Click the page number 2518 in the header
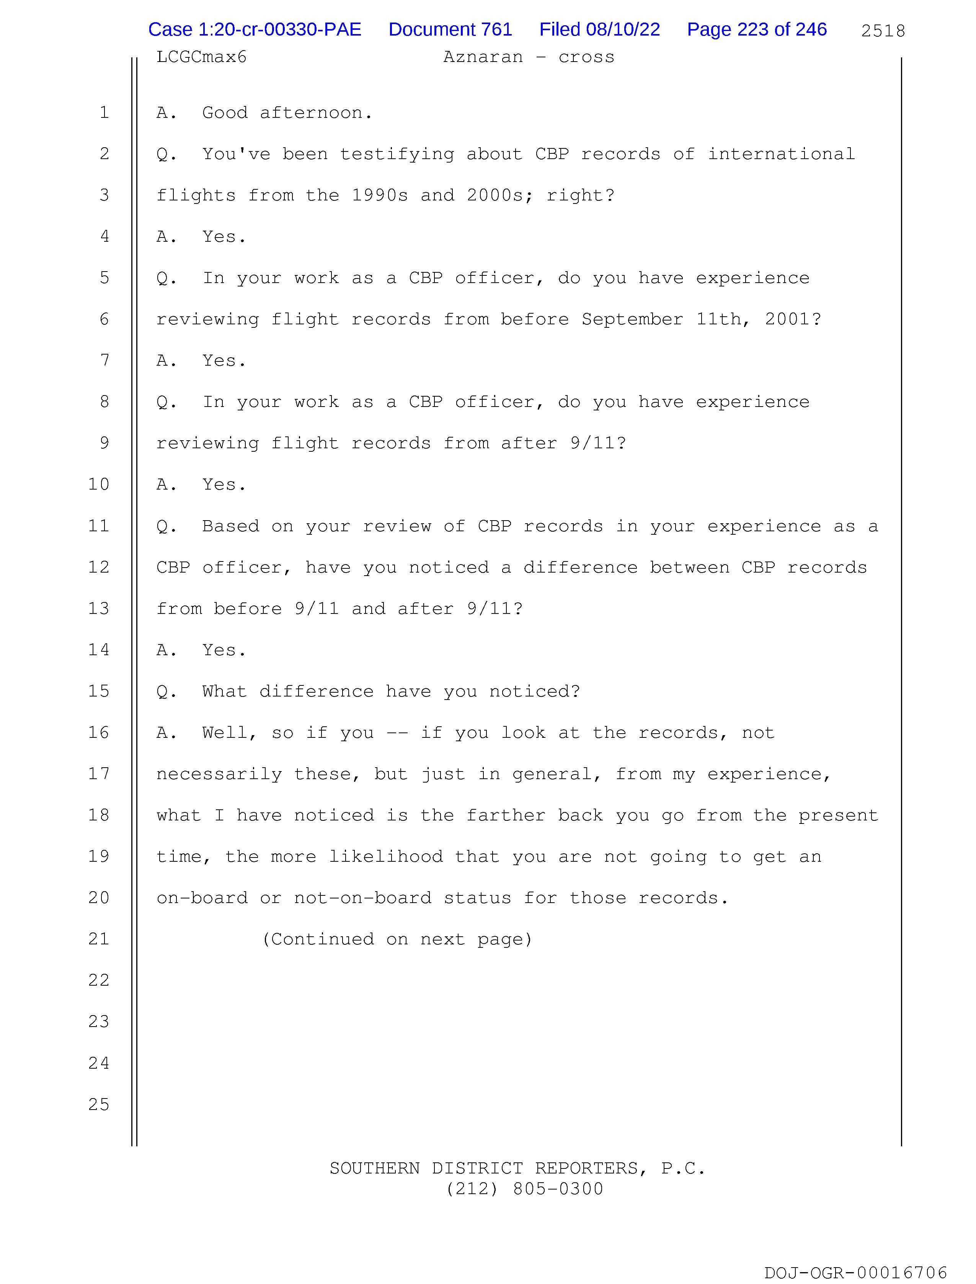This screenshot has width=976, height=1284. click(x=883, y=31)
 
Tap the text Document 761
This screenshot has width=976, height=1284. click(x=450, y=29)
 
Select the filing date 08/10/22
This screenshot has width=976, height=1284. click(x=623, y=29)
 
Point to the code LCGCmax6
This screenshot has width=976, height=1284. click(x=202, y=57)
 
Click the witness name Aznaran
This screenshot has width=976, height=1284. click(x=483, y=57)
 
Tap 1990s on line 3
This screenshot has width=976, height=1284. click(x=380, y=195)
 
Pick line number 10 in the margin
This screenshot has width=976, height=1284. click(x=99, y=484)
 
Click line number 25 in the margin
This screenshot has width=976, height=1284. click(x=99, y=1104)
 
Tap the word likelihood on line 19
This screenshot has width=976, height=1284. click(x=386, y=857)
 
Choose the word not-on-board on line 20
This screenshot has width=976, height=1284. click(x=362, y=898)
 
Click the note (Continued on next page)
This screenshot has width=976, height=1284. click(x=397, y=939)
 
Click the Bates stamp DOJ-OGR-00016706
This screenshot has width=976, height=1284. click(x=856, y=1273)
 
